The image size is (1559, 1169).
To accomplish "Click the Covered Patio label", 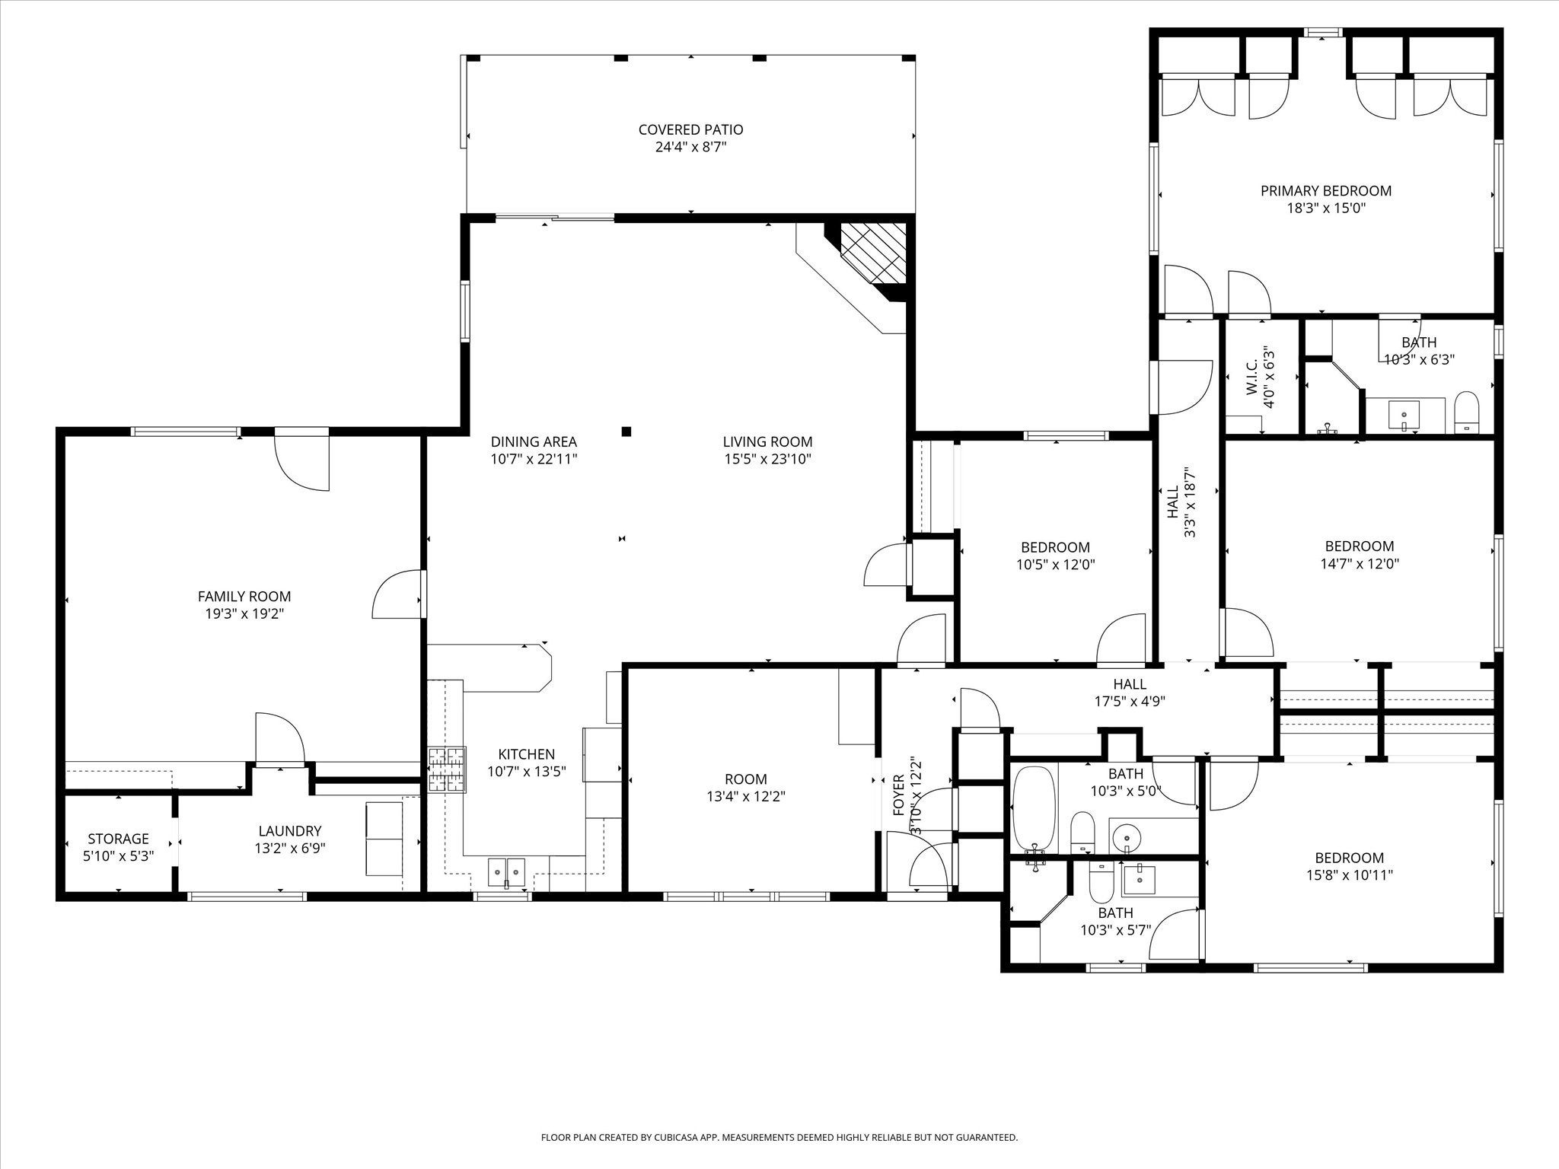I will click(x=690, y=130).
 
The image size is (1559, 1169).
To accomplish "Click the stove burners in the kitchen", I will click(x=446, y=769).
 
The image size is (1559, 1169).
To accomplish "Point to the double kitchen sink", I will click(x=506, y=869).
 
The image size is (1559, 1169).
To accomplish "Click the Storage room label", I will click(x=118, y=839).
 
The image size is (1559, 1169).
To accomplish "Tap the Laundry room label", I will click(x=289, y=831).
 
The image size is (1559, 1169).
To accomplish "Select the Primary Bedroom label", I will click(x=1325, y=191).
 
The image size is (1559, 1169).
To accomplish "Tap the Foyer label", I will click(x=898, y=795).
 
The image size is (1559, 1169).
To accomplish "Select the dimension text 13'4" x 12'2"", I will click(x=745, y=797).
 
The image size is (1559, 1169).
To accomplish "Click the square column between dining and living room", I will click(x=626, y=432).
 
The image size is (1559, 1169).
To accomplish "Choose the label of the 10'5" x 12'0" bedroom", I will click(x=1055, y=547).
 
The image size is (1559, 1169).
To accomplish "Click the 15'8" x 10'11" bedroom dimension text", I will click(x=1349, y=875).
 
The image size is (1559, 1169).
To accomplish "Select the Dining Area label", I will click(x=534, y=441).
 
